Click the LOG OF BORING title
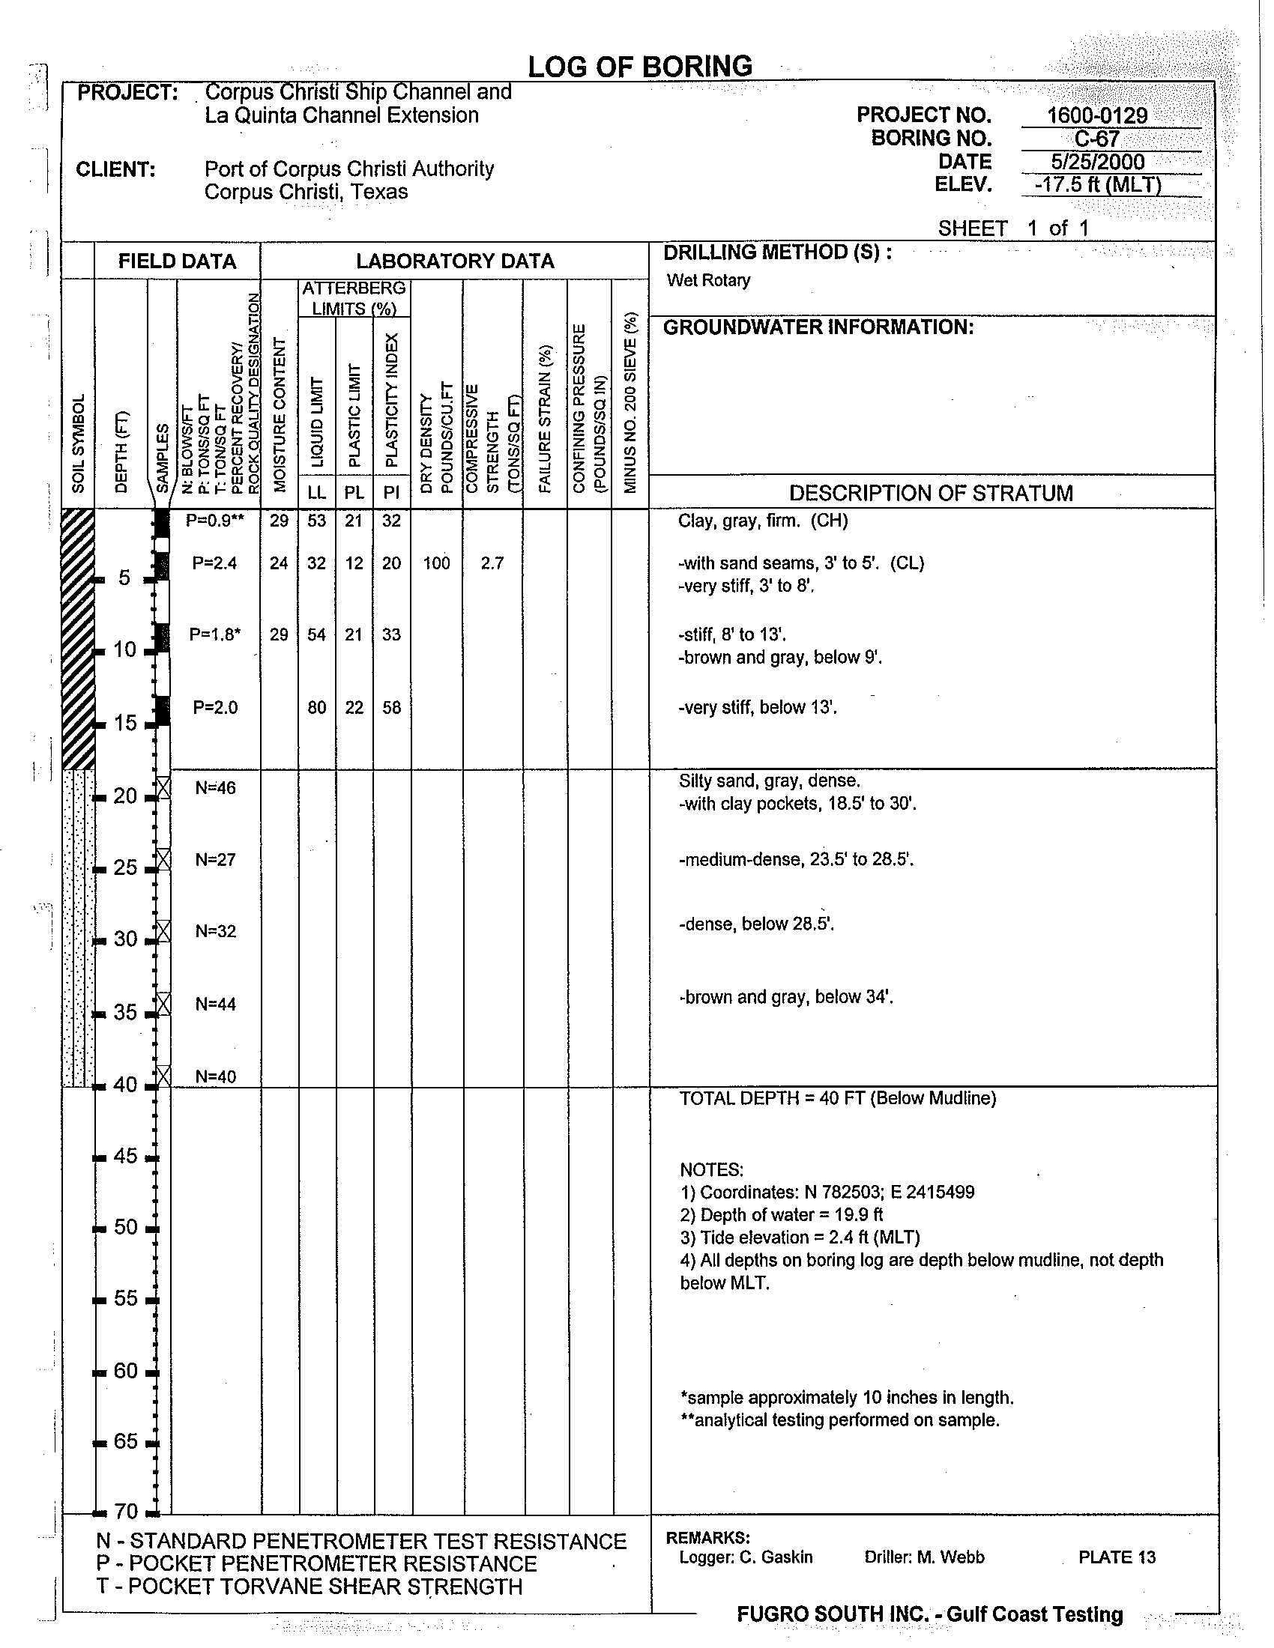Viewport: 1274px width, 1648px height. [639, 67]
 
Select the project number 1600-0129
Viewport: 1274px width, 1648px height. [1096, 115]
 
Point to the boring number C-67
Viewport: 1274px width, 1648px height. [1096, 139]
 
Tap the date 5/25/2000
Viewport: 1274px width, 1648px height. [1096, 162]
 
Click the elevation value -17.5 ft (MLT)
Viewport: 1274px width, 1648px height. [1096, 185]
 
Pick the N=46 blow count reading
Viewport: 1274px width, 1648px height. [215, 788]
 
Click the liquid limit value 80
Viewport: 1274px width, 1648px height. [316, 708]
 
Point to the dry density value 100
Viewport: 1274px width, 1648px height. [436, 563]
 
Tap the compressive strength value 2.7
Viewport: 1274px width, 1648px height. [492, 563]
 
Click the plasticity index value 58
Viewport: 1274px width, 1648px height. [391, 708]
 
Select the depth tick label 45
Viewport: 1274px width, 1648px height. [126, 1156]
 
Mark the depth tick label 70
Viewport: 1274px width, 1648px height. [126, 1512]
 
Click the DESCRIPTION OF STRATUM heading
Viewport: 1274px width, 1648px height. [931, 493]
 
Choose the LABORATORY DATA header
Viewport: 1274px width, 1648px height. [455, 261]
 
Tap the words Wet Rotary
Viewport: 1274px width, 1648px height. [708, 281]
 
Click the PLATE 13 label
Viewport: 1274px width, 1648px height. [1117, 1557]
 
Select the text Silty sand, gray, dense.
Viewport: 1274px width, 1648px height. [769, 781]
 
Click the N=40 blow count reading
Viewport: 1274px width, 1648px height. [215, 1076]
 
